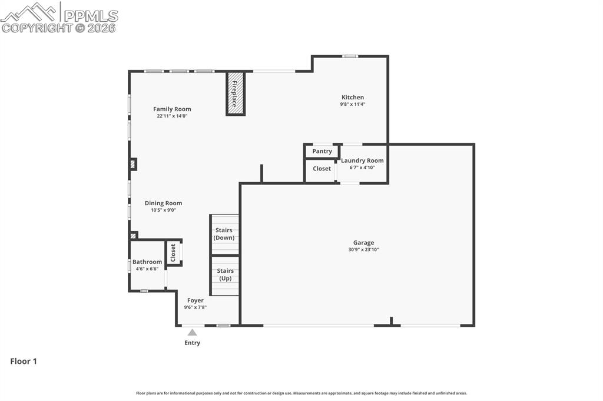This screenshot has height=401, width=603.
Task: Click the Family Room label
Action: pyautogui.click(x=172, y=109)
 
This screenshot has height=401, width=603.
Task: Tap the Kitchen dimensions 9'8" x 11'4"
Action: pyautogui.click(x=353, y=104)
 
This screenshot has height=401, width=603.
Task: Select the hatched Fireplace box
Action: pyautogui.click(x=236, y=93)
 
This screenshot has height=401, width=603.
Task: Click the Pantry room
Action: pyautogui.click(x=322, y=151)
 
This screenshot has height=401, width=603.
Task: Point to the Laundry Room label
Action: pyautogui.click(x=362, y=161)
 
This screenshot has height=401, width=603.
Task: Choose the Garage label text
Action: pyautogui.click(x=363, y=242)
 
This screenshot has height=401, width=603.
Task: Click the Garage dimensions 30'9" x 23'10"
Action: pyautogui.click(x=363, y=249)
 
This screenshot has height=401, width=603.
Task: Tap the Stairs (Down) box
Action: pyautogui.click(x=224, y=234)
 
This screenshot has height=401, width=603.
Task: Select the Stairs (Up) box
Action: pyautogui.click(x=225, y=275)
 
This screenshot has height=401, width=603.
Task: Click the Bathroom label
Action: pyautogui.click(x=147, y=262)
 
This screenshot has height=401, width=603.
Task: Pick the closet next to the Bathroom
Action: pyautogui.click(x=173, y=253)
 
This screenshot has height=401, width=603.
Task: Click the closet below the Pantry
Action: pyautogui.click(x=322, y=169)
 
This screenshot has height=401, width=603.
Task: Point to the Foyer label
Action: pyautogui.click(x=196, y=300)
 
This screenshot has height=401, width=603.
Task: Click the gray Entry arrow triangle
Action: pyautogui.click(x=193, y=332)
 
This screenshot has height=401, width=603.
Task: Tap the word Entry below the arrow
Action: pyautogui.click(x=193, y=343)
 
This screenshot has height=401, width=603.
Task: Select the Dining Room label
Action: pyautogui.click(x=163, y=203)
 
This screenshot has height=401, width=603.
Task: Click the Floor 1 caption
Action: pyautogui.click(x=24, y=362)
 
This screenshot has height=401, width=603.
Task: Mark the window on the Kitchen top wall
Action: pyautogui.click(x=350, y=56)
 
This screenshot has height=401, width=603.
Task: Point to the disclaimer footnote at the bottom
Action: pyautogui.click(x=301, y=393)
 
